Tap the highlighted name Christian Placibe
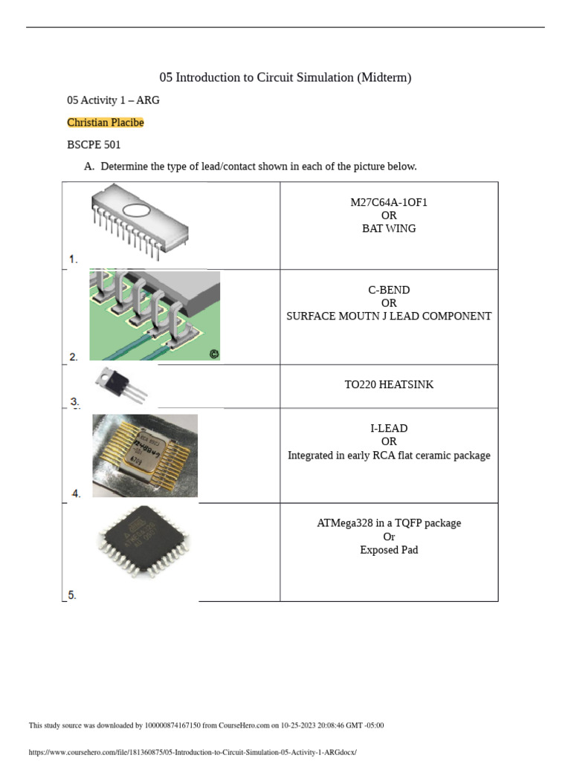[105, 123]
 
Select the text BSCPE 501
[94, 145]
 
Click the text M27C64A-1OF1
[389, 202]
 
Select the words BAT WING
[389, 229]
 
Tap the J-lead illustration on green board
[155, 315]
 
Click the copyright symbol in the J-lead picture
[214, 354]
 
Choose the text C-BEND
[389, 290]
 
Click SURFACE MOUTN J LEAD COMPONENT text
[389, 317]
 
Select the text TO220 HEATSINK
[389, 385]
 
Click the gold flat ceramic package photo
[144, 455]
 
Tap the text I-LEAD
[389, 429]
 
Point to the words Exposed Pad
[389, 551]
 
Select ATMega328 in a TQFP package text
[389, 523]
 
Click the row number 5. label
[72, 595]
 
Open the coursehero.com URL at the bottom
[193, 752]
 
